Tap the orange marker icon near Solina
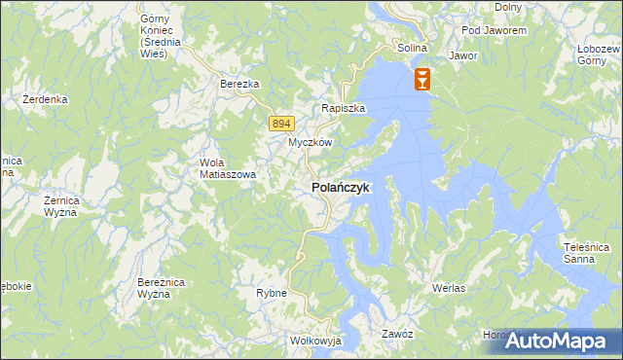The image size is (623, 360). click(422, 79)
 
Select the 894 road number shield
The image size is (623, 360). click(280, 123)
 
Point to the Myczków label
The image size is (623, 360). click(311, 142)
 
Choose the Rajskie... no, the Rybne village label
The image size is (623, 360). click(271, 293)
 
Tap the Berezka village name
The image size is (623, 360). click(239, 85)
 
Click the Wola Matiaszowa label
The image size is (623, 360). click(227, 168)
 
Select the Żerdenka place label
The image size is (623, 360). click(45, 99)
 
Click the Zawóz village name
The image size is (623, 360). click(398, 334)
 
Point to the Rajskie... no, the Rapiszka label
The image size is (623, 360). click(344, 109)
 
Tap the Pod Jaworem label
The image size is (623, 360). click(495, 30)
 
